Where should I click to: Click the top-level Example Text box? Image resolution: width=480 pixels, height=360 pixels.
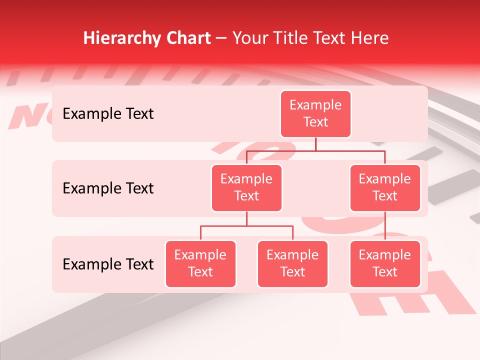315,114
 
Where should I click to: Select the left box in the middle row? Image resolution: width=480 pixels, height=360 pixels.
246,188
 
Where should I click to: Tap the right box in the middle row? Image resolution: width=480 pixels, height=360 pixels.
385,188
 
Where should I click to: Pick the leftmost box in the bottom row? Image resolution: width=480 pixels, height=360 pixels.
200,264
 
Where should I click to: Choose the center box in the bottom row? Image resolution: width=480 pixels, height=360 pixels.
292,264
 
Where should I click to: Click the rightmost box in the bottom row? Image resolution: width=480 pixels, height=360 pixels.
385,264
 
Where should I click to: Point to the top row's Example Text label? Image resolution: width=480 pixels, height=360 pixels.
108,114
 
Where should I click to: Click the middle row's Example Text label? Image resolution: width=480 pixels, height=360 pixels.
108,188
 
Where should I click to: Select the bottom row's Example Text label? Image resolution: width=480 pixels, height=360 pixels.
108,264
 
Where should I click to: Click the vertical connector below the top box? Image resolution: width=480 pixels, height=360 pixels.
315,144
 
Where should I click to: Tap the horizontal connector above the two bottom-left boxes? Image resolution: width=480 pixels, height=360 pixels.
246,226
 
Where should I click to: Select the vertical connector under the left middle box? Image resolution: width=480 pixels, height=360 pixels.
246,218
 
